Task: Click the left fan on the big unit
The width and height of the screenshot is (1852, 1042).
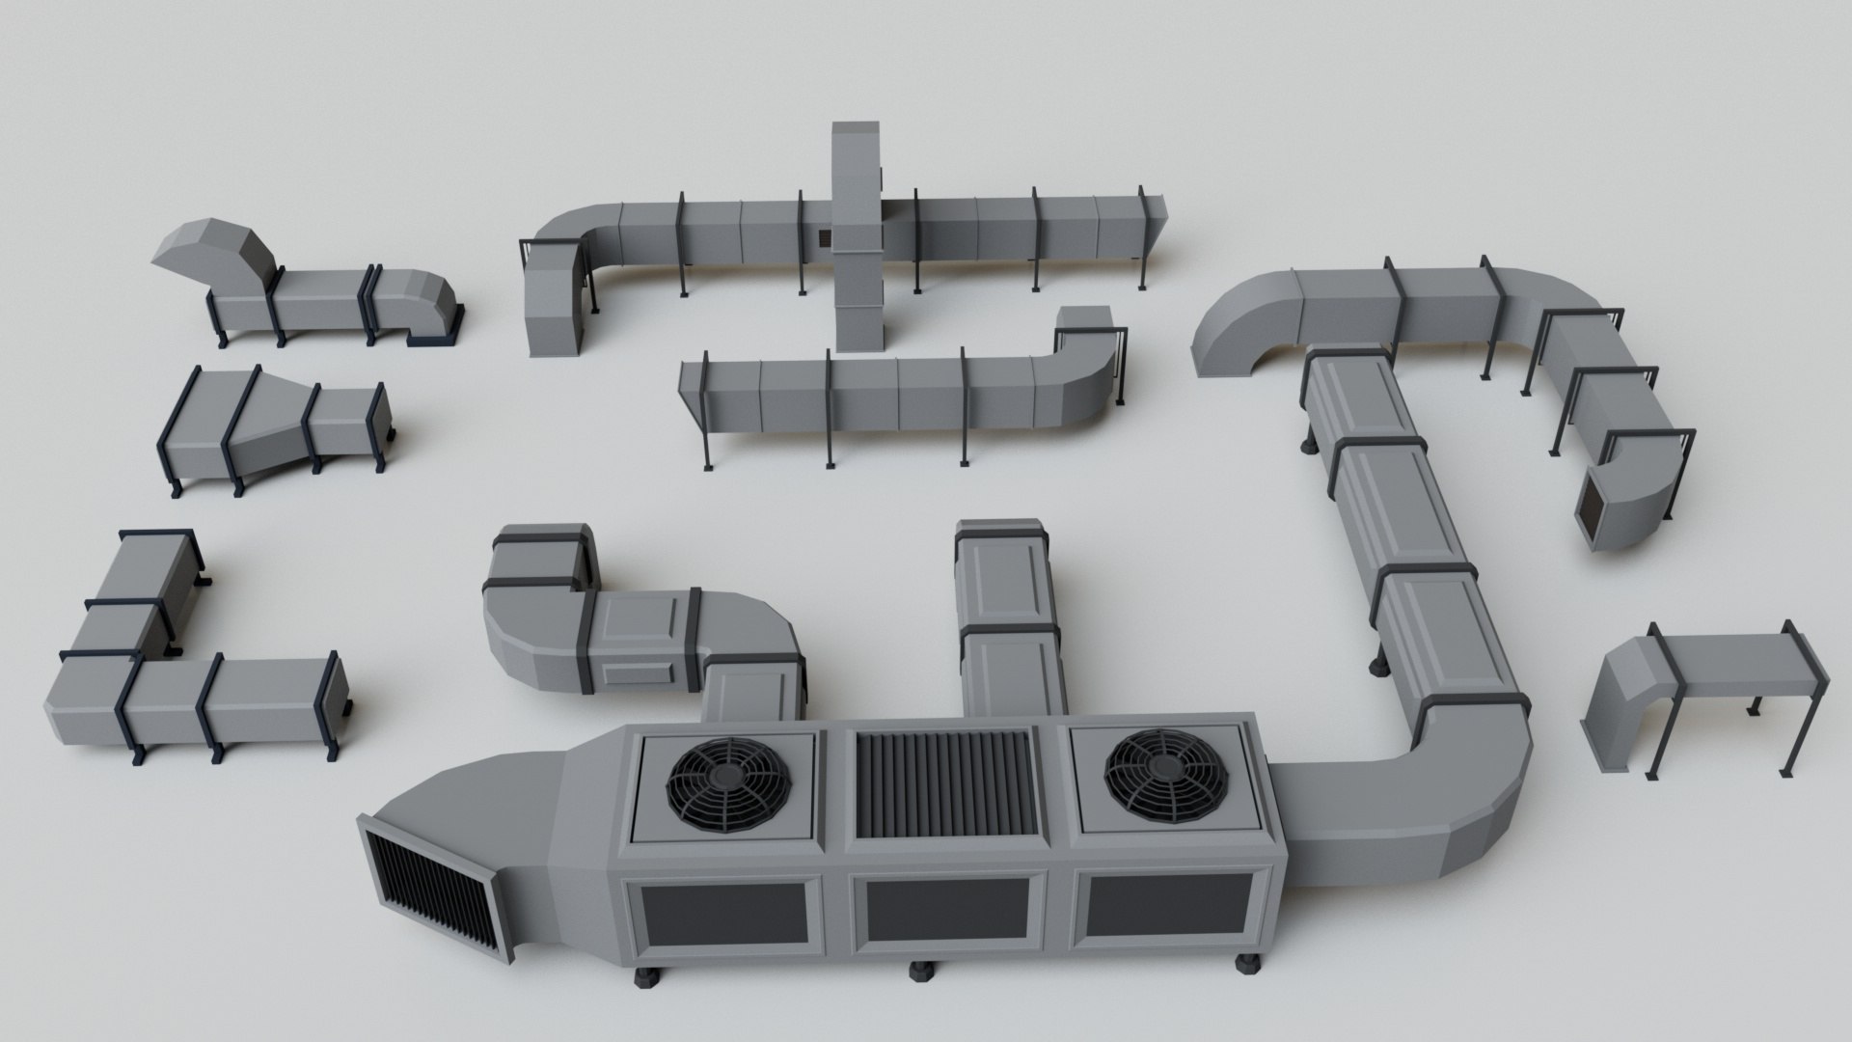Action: point(728,786)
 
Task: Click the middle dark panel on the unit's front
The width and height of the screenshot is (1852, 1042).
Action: point(945,914)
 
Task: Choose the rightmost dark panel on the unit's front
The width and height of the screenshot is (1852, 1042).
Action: point(1167,909)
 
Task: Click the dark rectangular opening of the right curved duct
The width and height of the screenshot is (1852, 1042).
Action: point(1587,508)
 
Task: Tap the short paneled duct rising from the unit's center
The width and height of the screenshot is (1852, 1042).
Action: point(1008,617)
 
